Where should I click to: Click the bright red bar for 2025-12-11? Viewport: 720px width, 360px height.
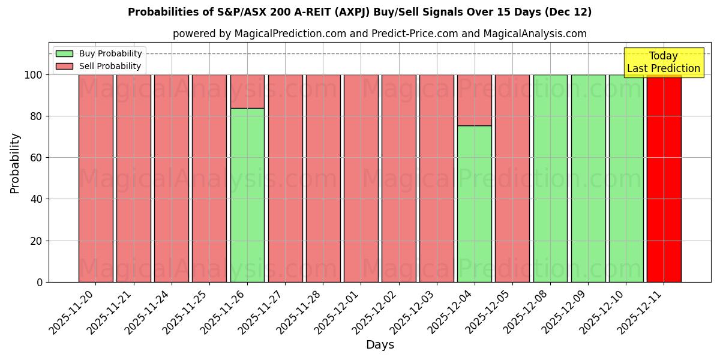pyautogui.click(x=664, y=178)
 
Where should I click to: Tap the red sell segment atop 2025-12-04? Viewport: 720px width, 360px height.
pyautogui.click(x=474, y=100)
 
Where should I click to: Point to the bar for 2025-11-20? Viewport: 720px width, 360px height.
pyautogui.click(x=95, y=178)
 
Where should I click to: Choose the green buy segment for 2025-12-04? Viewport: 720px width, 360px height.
pyautogui.click(x=474, y=204)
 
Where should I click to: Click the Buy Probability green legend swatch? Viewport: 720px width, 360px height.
pyautogui.click(x=64, y=53)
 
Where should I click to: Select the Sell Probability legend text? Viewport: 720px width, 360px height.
pyautogui.click(x=110, y=66)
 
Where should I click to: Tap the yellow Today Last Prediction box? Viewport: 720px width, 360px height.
pyautogui.click(x=663, y=62)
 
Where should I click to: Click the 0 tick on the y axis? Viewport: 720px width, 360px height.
pyautogui.click(x=40, y=282)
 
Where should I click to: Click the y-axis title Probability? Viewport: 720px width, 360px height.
pyautogui.click(x=15, y=163)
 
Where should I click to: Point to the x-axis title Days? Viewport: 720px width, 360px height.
pyautogui.click(x=380, y=345)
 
